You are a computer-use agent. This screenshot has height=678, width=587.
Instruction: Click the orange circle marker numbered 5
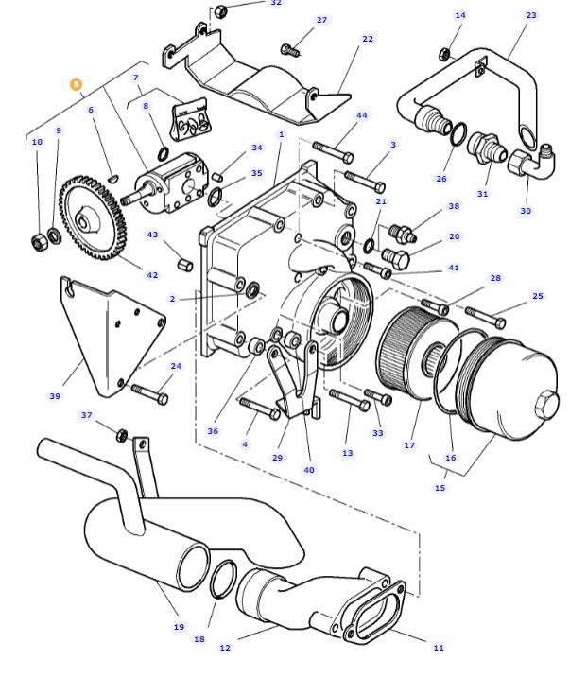pyautogui.click(x=76, y=84)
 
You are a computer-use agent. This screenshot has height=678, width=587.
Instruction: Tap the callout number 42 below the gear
pyautogui.click(x=152, y=275)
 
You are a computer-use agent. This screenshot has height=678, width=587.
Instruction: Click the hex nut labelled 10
pyautogui.click(x=39, y=242)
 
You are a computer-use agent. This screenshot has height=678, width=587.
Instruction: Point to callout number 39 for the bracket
pyautogui.click(x=55, y=396)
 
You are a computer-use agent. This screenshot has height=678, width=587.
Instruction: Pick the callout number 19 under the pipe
pyautogui.click(x=179, y=627)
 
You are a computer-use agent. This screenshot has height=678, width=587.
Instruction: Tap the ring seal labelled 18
pyautogui.click(x=223, y=579)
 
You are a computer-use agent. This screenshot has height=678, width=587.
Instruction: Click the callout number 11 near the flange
pyautogui.click(x=439, y=648)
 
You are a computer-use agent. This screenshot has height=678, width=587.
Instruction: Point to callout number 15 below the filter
pyautogui.click(x=440, y=488)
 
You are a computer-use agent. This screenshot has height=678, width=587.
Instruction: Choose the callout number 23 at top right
pyautogui.click(x=531, y=15)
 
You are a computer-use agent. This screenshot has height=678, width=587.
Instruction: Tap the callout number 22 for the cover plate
pyautogui.click(x=368, y=39)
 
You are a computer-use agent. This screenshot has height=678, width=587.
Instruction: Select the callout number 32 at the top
pyautogui.click(x=276, y=3)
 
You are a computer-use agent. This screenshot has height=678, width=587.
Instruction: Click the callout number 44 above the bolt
pyautogui.click(x=362, y=115)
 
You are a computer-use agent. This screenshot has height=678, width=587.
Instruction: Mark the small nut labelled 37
pyautogui.click(x=121, y=435)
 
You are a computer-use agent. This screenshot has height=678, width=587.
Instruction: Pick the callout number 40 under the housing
pyautogui.click(x=309, y=470)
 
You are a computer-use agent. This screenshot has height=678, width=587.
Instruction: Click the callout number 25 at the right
pyautogui.click(x=538, y=296)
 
